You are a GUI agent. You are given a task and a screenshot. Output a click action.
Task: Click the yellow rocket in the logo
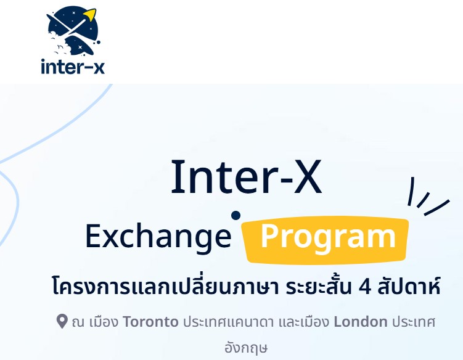(x=91, y=15)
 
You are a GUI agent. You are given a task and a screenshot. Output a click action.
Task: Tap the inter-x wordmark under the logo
(x=73, y=67)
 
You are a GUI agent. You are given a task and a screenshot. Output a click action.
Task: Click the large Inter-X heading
(x=247, y=176)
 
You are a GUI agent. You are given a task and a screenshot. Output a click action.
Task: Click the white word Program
(x=328, y=237)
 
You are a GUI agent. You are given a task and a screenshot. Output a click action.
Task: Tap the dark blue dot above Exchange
(x=236, y=215)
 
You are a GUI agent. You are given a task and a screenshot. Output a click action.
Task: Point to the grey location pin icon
(x=62, y=321)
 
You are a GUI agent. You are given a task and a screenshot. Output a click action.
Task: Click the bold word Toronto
(x=150, y=322)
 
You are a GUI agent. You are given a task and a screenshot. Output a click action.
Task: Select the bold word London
(x=361, y=322)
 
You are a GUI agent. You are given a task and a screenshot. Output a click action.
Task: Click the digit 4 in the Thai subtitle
(x=365, y=287)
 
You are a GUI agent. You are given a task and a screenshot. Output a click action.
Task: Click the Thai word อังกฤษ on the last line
(x=246, y=348)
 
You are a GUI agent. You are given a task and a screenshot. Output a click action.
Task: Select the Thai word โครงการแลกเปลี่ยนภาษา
(x=165, y=285)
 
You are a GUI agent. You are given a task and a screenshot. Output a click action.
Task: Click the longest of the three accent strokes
(x=437, y=207)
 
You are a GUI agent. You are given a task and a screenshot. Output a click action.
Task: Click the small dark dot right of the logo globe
(x=98, y=43)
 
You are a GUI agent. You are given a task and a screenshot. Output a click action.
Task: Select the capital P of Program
(x=269, y=236)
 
